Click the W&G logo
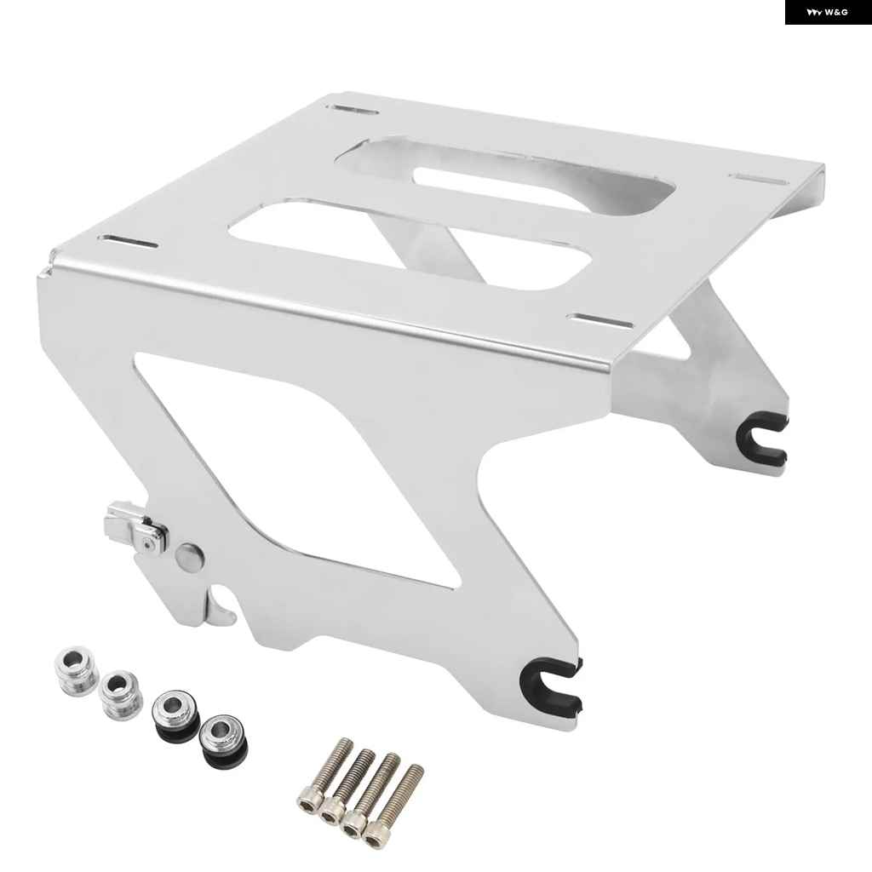point(828,12)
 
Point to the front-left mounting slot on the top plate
point(128,242)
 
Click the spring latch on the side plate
point(137,526)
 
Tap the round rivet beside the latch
point(189,556)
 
